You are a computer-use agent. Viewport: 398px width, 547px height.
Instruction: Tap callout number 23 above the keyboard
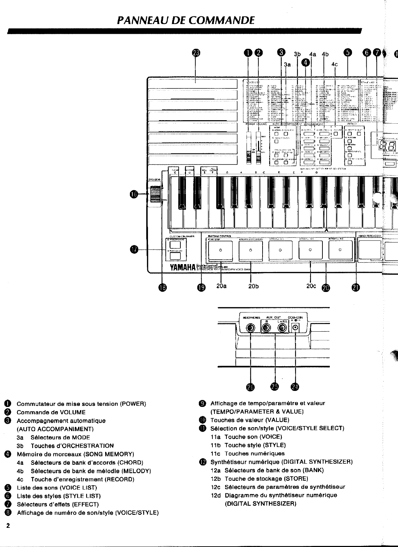click(196, 53)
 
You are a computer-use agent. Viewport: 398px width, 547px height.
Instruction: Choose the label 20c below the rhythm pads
click(311, 286)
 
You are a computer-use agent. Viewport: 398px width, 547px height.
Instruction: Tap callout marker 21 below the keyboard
click(355, 287)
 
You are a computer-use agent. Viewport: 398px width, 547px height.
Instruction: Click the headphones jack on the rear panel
click(250, 328)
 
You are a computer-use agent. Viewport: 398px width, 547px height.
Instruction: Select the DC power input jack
click(296, 328)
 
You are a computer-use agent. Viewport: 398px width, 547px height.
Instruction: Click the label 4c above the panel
click(335, 64)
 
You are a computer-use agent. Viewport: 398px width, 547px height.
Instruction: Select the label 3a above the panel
click(287, 64)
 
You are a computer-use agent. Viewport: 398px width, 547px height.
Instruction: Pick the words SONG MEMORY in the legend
click(109, 454)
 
